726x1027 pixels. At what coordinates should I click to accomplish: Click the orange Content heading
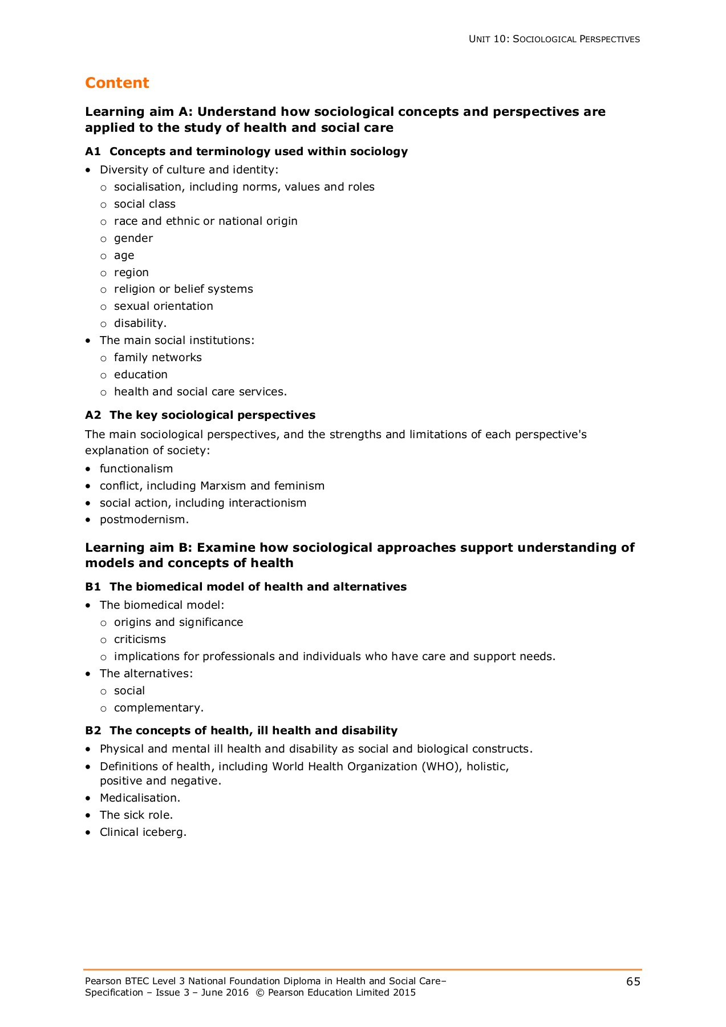click(117, 83)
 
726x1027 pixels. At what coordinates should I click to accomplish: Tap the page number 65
click(633, 981)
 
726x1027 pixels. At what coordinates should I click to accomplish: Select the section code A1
click(92, 152)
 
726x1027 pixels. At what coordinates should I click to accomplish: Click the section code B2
click(92, 731)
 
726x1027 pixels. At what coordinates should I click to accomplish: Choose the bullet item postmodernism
click(144, 520)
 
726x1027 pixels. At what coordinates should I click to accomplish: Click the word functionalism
click(136, 469)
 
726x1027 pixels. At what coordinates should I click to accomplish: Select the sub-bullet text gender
click(133, 238)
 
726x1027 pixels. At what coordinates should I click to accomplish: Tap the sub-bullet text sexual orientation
click(163, 306)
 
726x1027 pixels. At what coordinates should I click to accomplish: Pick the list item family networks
click(157, 358)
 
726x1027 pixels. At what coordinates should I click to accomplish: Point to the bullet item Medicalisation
click(140, 798)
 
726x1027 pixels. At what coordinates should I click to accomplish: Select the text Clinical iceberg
click(143, 832)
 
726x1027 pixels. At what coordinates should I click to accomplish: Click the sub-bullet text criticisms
click(140, 640)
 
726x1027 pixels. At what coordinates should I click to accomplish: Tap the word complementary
click(158, 708)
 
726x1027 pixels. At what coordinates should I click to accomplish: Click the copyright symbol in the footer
click(259, 993)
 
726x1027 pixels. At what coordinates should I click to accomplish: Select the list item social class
click(144, 204)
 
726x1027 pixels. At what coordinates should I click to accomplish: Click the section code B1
click(92, 587)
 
